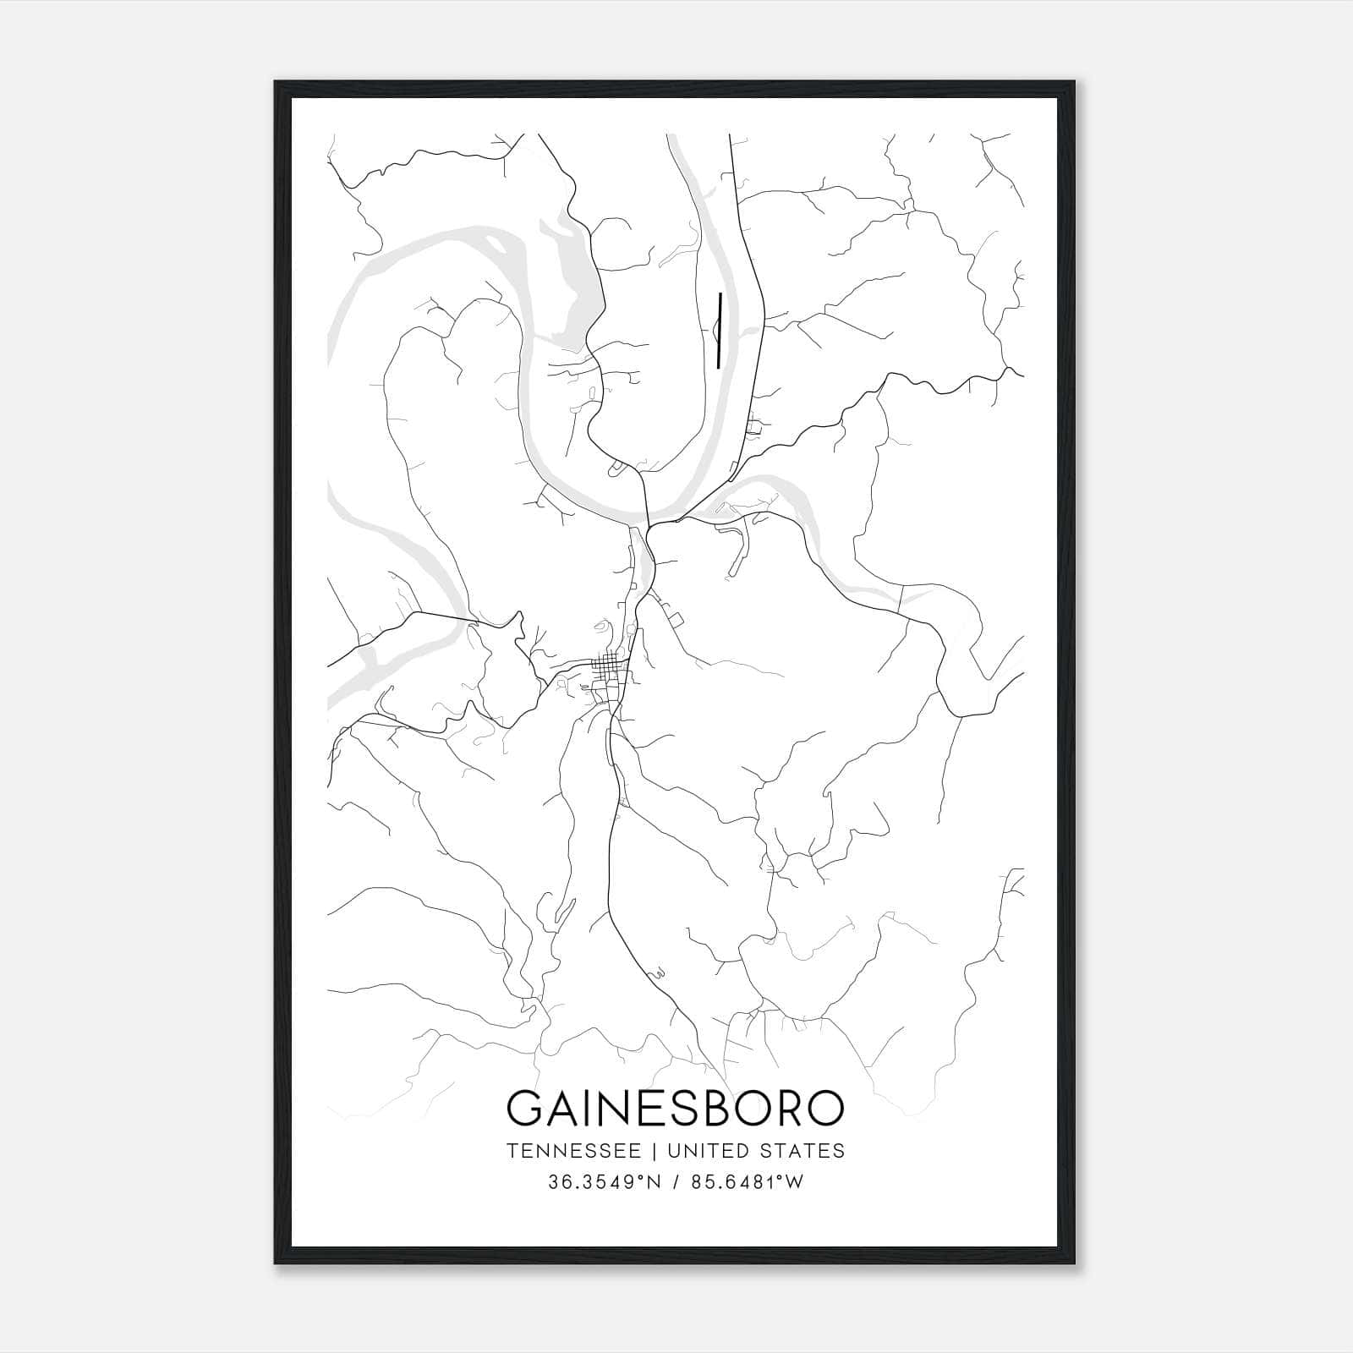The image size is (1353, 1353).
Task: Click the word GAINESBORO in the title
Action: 675,1109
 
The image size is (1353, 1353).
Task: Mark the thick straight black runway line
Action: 719,331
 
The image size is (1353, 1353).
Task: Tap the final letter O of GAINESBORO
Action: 824,1109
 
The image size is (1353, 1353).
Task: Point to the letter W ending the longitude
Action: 795,1182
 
